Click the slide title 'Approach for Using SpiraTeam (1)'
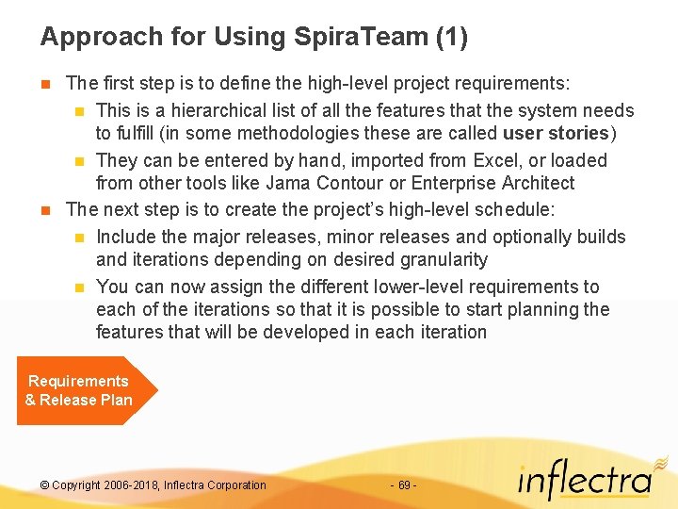click(253, 38)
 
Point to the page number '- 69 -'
click(403, 485)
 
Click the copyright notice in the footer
click(153, 485)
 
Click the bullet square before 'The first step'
click(44, 85)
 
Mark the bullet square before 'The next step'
click(44, 209)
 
